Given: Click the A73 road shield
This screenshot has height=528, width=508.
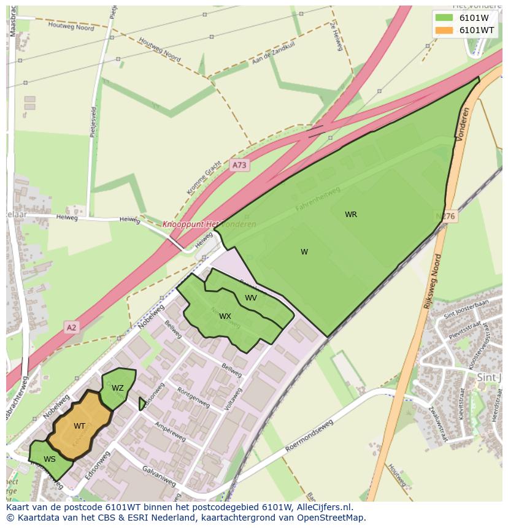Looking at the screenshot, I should pyautogui.click(x=239, y=165).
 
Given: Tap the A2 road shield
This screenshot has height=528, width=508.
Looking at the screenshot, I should pyautogui.click(x=72, y=327).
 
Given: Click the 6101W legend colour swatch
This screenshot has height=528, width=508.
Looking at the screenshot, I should pyautogui.click(x=444, y=17).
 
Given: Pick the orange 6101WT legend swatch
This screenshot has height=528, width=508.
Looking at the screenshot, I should pyautogui.click(x=444, y=30).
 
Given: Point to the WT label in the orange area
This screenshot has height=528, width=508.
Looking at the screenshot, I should pyautogui.click(x=80, y=426).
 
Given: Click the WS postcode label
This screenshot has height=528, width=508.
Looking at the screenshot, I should pyautogui.click(x=50, y=459).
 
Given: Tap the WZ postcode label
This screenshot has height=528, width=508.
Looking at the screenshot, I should pyautogui.click(x=118, y=388).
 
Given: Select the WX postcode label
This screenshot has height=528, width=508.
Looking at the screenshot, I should pyautogui.click(x=225, y=316).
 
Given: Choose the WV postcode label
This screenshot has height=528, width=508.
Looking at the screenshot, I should pyautogui.click(x=251, y=298).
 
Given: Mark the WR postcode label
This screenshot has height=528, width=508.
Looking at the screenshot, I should pyautogui.click(x=351, y=215).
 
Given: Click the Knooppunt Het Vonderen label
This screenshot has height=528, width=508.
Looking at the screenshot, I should pyautogui.click(x=209, y=224).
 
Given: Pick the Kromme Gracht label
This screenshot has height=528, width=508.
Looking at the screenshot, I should pyautogui.click(x=204, y=179).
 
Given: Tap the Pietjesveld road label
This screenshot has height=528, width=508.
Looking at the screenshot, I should pyautogui.click(x=93, y=123).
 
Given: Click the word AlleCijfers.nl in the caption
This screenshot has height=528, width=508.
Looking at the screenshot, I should pyautogui.click(x=321, y=507).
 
